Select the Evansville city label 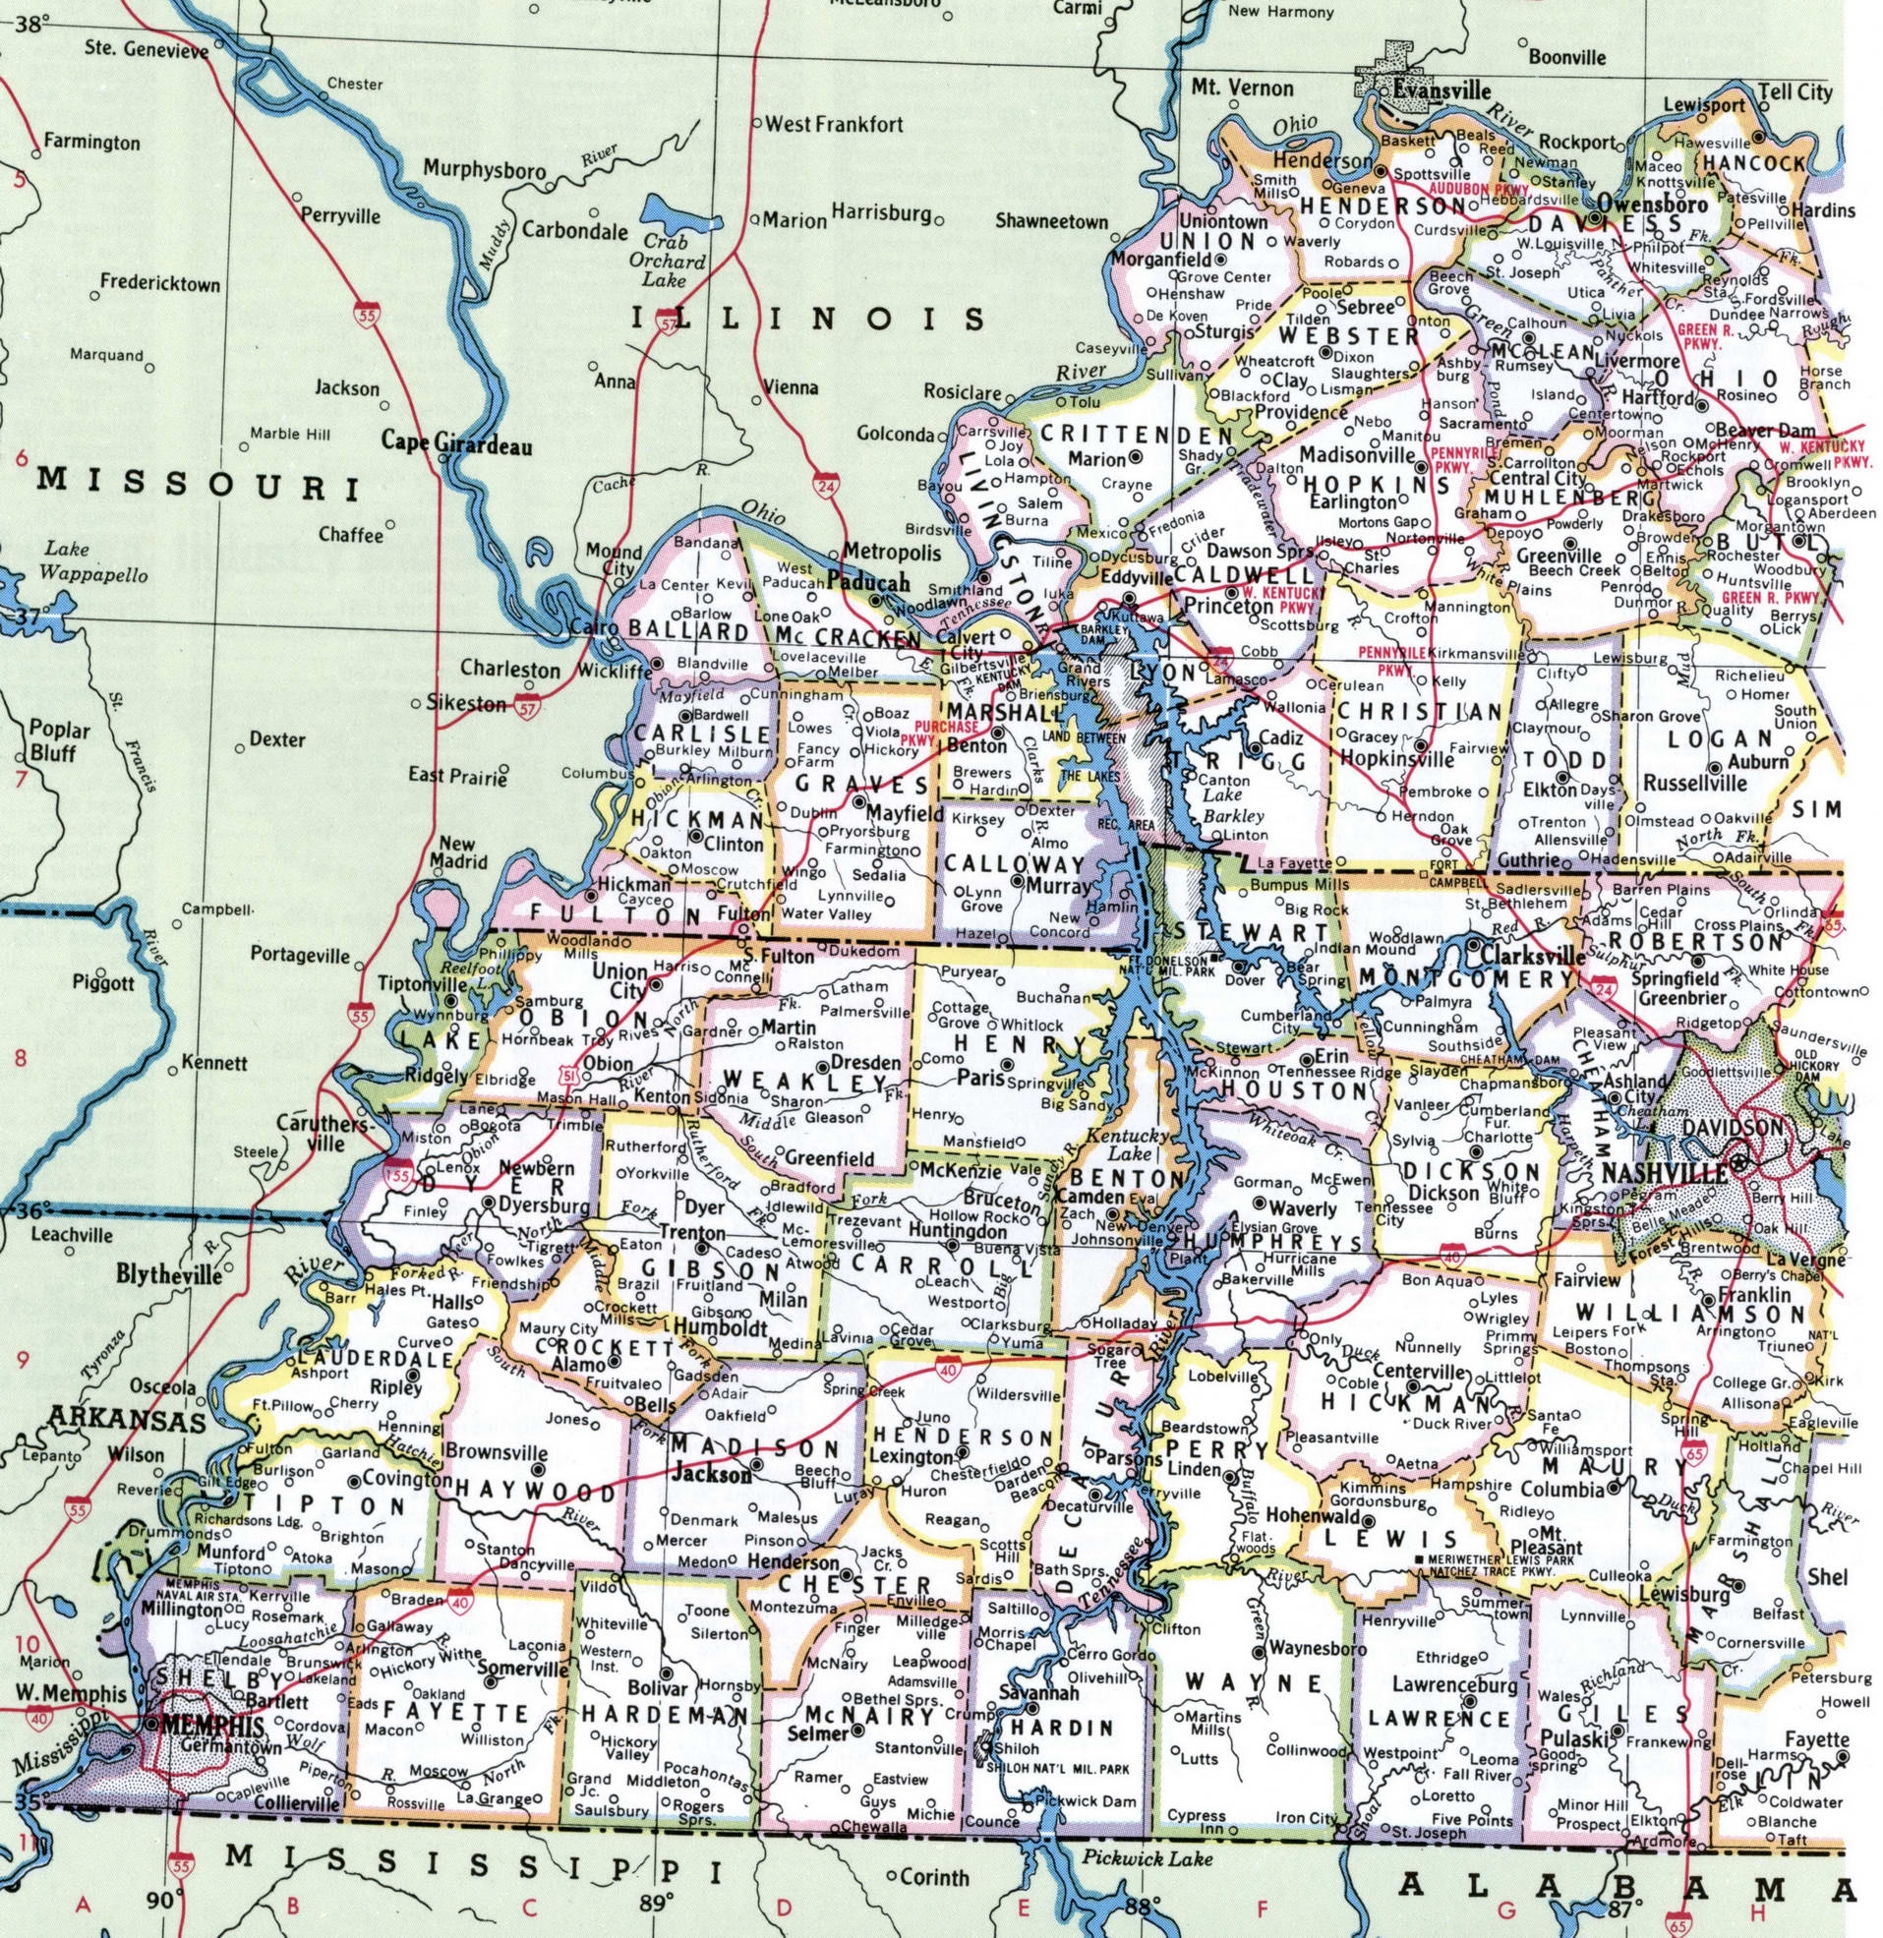click(1441, 90)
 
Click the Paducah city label click(868, 582)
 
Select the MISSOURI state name click(198, 485)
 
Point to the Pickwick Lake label click(1147, 1860)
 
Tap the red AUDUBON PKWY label click(1476, 187)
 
